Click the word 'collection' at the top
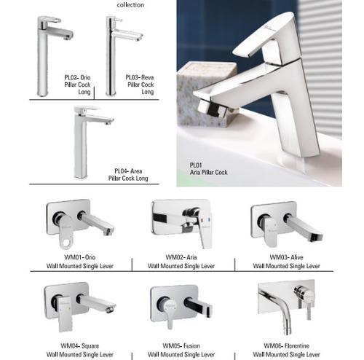[130, 5]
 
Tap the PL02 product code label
[71, 77]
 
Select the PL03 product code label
[132, 77]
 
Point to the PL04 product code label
[121, 171]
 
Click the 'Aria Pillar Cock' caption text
[208, 172]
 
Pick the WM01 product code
[72, 257]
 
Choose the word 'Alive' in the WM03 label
[297, 257]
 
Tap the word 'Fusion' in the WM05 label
[191, 345]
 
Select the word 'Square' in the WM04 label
[90, 345]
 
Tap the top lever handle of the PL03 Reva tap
[115, 19]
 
